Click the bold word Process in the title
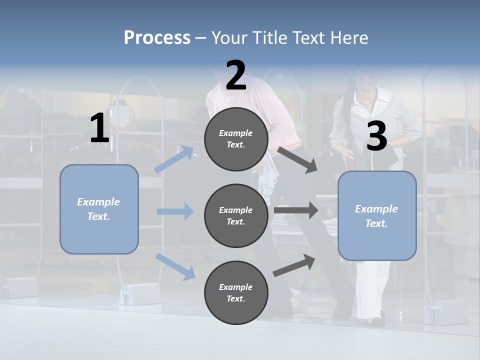point(157,38)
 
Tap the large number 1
point(99,128)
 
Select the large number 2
point(236,75)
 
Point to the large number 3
point(376,136)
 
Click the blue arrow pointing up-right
point(174,159)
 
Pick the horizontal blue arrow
point(175,211)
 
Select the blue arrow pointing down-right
point(175,266)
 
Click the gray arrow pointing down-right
point(297,159)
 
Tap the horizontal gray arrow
point(296,210)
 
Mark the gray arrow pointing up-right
point(294,265)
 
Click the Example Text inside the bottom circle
point(236,292)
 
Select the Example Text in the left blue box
point(99,209)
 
